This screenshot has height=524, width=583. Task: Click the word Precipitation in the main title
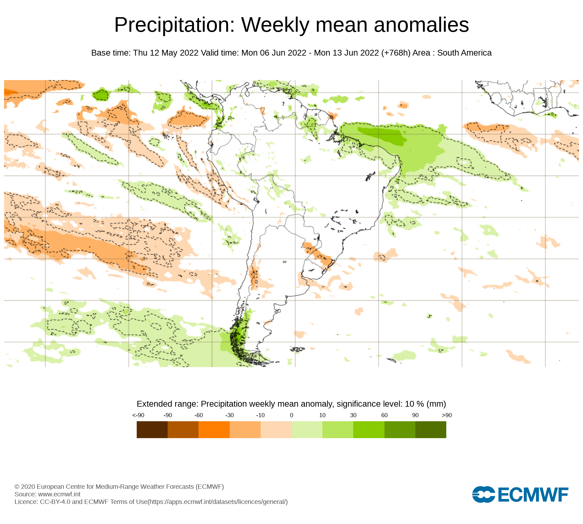[x=174, y=25]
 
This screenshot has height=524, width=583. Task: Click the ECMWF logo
[x=520, y=494]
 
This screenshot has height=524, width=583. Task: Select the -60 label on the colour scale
[x=199, y=415]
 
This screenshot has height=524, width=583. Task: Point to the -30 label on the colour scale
[x=229, y=415]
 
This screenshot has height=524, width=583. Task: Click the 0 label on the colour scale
[x=291, y=415]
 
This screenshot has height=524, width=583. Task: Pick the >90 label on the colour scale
[x=447, y=415]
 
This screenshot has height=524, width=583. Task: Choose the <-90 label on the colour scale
[x=138, y=415]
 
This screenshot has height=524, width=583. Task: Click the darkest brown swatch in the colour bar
[x=152, y=430]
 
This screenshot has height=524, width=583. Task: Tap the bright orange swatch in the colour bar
[x=214, y=430]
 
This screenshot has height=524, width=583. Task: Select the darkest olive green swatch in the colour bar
[x=431, y=430]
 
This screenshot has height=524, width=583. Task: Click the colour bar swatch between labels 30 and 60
[x=369, y=430]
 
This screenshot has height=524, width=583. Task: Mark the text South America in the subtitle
[x=464, y=53]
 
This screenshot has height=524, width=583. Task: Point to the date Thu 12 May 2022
[x=166, y=53]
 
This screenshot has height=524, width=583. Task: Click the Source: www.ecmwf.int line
[x=48, y=494]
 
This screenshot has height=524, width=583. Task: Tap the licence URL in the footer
[x=218, y=502]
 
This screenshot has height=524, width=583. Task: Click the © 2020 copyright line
[x=119, y=486]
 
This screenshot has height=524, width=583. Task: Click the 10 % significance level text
[x=415, y=404]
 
